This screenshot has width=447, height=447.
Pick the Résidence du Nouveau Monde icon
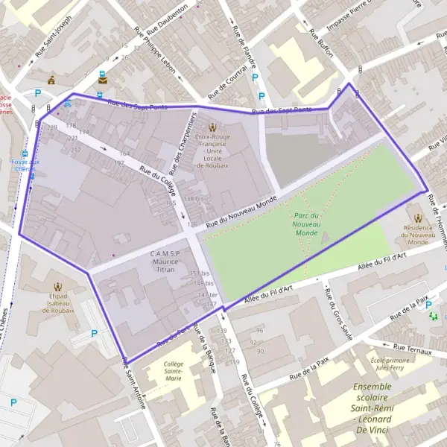point(418,218)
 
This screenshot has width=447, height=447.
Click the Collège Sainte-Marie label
point(174,371)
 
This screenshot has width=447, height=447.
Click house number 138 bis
point(194,198)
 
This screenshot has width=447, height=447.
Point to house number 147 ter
point(207,295)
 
